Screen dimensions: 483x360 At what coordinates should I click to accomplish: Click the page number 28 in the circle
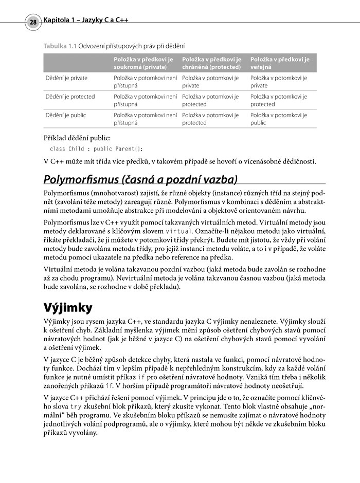(33, 23)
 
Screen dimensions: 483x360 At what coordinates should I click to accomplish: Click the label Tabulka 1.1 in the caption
(60, 46)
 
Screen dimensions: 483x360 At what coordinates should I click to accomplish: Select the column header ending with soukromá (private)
(146, 63)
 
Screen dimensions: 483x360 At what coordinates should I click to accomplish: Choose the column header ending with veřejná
(280, 63)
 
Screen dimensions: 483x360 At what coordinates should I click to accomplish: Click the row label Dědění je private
(66, 78)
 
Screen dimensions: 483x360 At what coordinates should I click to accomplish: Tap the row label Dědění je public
(66, 115)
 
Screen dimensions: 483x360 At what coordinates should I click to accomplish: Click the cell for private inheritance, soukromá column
(145, 82)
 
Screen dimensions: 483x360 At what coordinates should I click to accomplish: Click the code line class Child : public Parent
(96, 149)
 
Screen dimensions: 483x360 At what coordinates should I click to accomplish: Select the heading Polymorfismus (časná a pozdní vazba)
(140, 180)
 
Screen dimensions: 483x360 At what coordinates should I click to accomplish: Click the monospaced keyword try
(76, 405)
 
